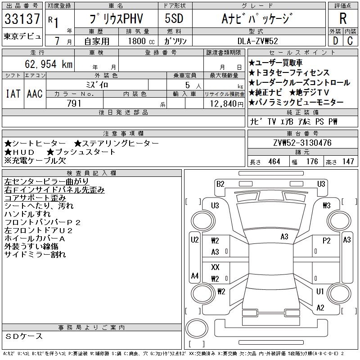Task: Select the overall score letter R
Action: pyautogui.click(x=342, y=18)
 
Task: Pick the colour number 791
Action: pyautogui.click(x=74, y=104)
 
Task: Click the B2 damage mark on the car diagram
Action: pyautogui.click(x=220, y=184)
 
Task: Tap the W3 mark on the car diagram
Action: pyautogui.click(x=327, y=206)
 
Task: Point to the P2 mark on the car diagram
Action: pyautogui.click(x=327, y=240)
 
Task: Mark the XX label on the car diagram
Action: pyautogui.click(x=215, y=267)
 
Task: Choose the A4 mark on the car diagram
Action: pyautogui.click(x=195, y=275)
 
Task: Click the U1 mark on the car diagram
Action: pyautogui.click(x=320, y=291)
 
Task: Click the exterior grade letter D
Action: pyautogui.click(x=335, y=41)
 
